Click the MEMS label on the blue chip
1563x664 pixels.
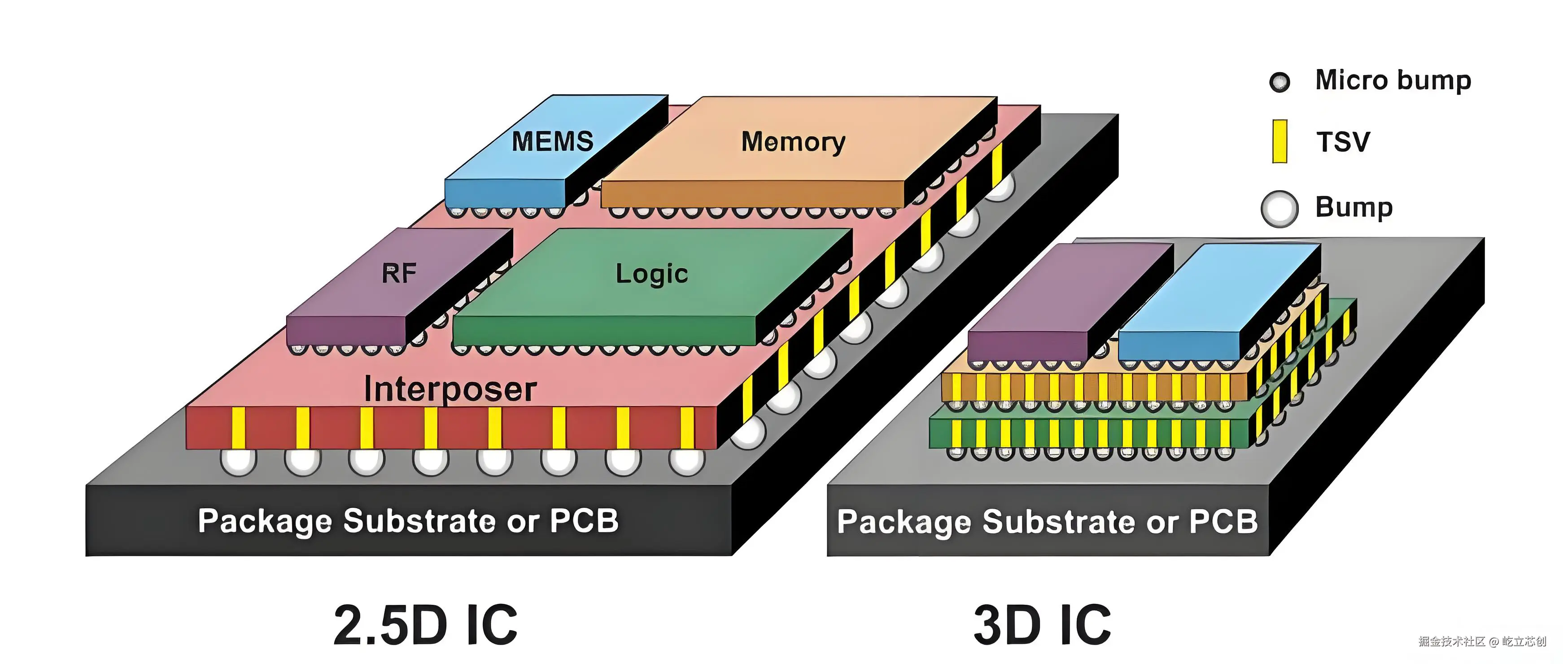coord(552,141)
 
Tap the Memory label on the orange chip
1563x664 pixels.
coord(793,142)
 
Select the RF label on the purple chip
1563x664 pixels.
coord(399,273)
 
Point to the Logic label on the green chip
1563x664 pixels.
coord(652,274)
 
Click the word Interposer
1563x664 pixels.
coord(450,389)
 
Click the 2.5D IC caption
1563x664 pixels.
coord(425,625)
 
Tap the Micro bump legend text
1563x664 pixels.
coord(1393,81)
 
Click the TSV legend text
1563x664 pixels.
coord(1343,142)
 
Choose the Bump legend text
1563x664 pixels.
coord(1353,208)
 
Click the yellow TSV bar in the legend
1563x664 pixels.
coord(1279,141)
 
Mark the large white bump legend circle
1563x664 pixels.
coord(1279,210)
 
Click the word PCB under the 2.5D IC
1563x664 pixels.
coord(584,521)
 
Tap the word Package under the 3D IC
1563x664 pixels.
coord(905,523)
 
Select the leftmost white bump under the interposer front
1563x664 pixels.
coord(239,461)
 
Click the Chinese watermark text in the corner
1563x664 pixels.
coord(1482,642)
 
